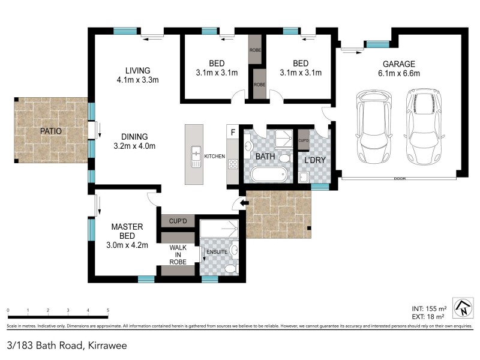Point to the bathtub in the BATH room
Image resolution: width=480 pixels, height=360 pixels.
pos(268,176)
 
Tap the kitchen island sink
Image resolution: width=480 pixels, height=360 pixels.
pos(195,157)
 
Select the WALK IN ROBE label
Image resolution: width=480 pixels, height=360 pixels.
pos(178,254)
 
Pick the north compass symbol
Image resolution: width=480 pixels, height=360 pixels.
pos(462,308)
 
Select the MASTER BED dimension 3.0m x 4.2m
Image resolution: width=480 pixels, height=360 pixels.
pos(127,244)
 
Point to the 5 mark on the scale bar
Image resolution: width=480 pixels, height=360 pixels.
pos(108,311)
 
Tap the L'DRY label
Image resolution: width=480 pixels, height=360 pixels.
pos(314,161)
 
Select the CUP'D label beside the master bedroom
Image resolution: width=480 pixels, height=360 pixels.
pos(178,221)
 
